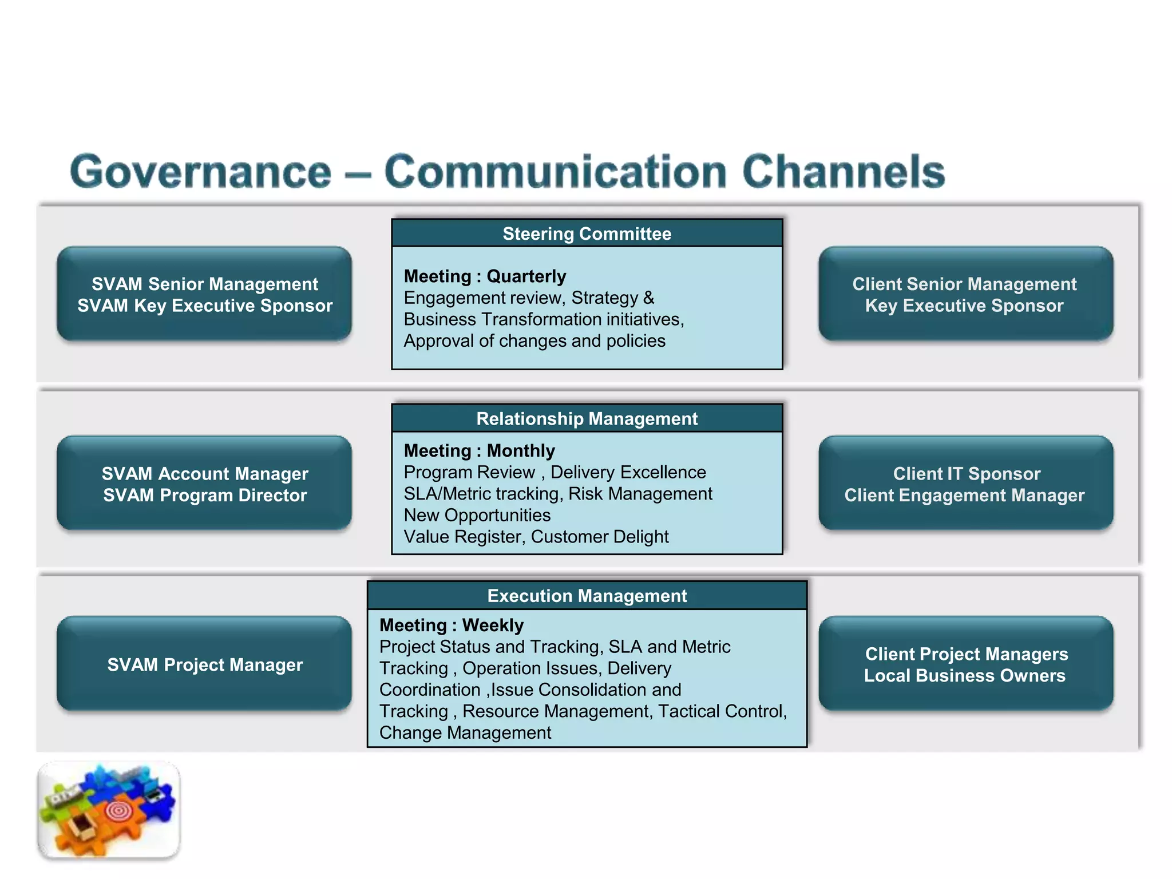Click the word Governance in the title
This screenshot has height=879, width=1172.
pos(200,172)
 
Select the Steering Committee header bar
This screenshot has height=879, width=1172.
pos(587,233)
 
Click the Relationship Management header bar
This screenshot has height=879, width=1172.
pos(587,419)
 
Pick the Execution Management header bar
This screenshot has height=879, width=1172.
pos(587,596)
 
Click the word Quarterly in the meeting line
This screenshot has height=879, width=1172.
pos(526,276)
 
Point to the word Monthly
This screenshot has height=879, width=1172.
pos(521,451)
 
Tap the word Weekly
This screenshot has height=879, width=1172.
pos(493,625)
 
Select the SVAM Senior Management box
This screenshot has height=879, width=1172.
pos(204,294)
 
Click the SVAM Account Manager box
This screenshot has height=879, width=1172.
pos(204,484)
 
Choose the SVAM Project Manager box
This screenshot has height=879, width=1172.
pos(204,664)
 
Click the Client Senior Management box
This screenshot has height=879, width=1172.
pos(965,294)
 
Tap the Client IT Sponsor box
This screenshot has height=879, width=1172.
pos(965,484)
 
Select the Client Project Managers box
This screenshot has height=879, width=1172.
pos(965,664)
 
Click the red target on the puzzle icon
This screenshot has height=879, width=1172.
pos(118,810)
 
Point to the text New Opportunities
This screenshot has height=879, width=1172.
pos(477,516)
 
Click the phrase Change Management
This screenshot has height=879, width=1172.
pos(465,733)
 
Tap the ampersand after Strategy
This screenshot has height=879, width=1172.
pos(648,298)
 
